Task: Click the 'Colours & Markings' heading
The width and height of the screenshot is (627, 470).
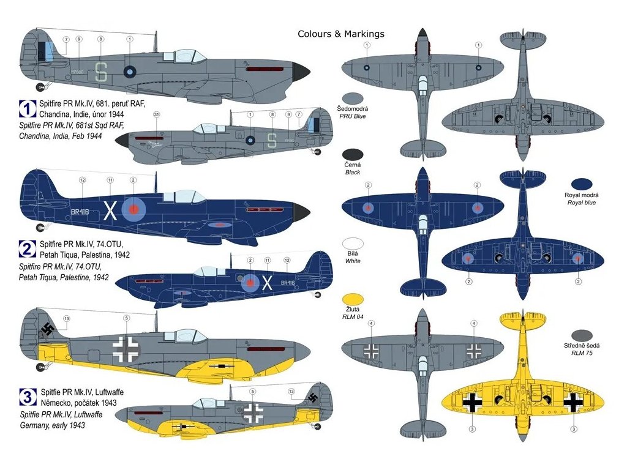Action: (x=341, y=34)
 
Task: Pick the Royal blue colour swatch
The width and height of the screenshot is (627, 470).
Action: (x=581, y=184)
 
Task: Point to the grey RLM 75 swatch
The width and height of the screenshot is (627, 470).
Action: (x=581, y=335)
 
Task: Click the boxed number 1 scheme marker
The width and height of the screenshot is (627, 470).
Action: (x=28, y=110)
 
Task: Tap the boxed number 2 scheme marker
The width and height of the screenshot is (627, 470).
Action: (x=28, y=248)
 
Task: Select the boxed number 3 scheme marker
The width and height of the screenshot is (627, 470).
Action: (x=28, y=398)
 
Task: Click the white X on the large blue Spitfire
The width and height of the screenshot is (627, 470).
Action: (x=110, y=211)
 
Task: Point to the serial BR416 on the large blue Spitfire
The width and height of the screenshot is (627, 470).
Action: (x=80, y=211)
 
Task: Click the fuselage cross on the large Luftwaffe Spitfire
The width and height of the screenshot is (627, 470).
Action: (x=126, y=348)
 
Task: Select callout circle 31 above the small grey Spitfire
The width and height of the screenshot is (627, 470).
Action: (x=156, y=114)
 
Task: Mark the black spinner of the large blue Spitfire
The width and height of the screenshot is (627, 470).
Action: (x=301, y=212)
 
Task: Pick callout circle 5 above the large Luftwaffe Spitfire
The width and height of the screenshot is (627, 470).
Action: (x=126, y=318)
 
